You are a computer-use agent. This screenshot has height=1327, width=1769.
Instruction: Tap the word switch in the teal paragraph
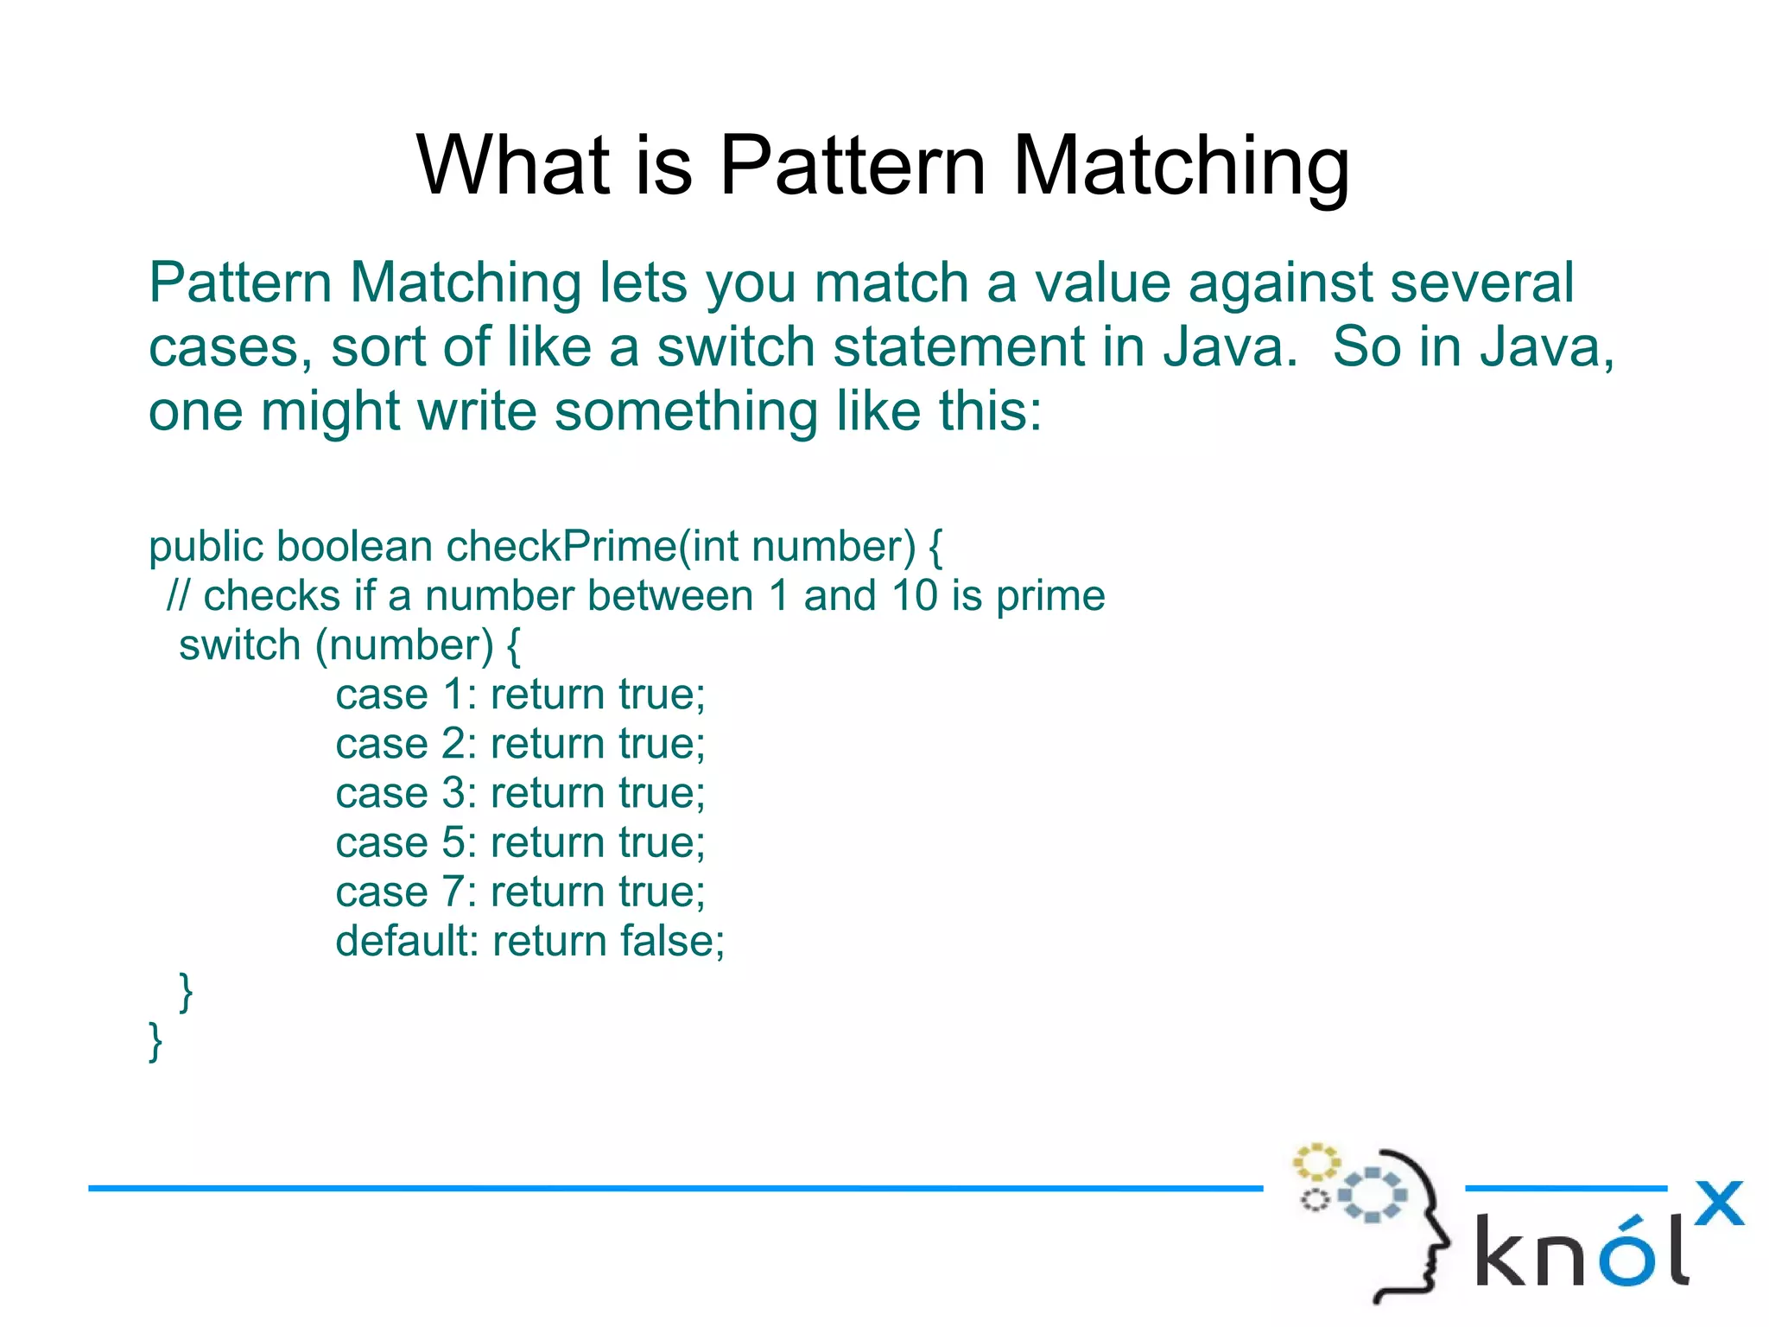[x=735, y=347]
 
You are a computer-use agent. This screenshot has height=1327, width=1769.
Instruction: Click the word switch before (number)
[x=239, y=645]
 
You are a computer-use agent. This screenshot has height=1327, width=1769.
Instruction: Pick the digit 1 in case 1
[x=453, y=695]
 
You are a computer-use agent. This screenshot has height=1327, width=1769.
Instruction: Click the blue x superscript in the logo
[x=1719, y=1203]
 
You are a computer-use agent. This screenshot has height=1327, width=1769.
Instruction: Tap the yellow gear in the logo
[x=1315, y=1163]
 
